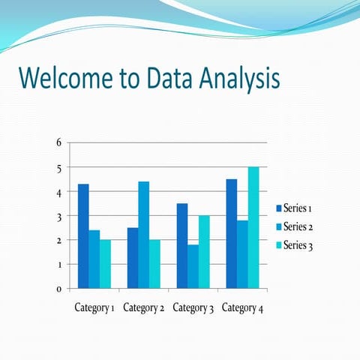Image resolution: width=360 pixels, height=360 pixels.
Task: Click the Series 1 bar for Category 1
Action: click(x=83, y=236)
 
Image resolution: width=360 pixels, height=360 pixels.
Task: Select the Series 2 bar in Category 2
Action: click(x=143, y=235)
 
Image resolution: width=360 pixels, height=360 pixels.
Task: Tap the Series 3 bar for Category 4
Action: click(x=253, y=228)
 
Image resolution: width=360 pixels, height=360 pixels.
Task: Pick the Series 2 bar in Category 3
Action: click(x=193, y=266)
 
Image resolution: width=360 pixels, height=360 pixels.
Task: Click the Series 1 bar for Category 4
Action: click(x=232, y=234)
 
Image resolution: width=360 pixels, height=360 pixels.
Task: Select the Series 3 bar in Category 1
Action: click(x=105, y=264)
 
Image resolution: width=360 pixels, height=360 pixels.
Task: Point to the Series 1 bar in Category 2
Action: click(x=133, y=258)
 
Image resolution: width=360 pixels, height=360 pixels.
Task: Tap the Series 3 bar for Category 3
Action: click(x=204, y=252)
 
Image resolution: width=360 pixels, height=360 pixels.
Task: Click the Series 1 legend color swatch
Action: click(x=279, y=208)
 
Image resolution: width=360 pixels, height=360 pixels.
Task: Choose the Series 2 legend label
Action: click(x=299, y=226)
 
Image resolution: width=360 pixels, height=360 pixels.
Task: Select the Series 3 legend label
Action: click(x=299, y=246)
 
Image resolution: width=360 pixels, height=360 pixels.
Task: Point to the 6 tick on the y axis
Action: click(x=59, y=143)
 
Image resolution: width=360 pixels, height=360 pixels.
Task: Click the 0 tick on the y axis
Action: click(x=59, y=289)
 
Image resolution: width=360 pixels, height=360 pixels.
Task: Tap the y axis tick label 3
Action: click(x=59, y=216)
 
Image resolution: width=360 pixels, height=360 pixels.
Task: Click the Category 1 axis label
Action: click(x=94, y=307)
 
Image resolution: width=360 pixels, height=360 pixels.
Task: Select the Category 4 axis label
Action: click(x=242, y=307)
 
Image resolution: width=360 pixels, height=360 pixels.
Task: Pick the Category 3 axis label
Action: click(x=193, y=307)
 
